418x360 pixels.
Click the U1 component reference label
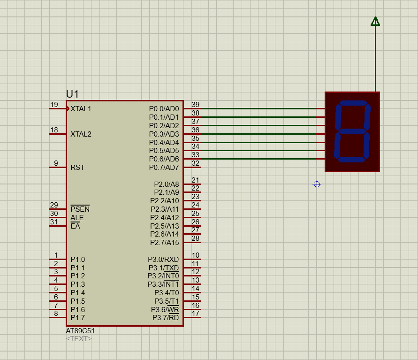72,94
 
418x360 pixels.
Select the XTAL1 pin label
81,109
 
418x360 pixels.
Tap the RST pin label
77,168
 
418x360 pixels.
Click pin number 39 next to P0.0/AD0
196,105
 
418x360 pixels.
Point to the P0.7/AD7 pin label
164,168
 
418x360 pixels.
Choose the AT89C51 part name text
80,330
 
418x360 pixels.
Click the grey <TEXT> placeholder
79,338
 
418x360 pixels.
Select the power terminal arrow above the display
375,22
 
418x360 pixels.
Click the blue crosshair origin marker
317,184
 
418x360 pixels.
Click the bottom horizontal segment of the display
350,160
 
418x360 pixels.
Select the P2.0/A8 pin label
167,184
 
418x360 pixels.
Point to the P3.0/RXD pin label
163,260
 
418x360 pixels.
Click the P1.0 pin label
78,260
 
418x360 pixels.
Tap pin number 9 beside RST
56,163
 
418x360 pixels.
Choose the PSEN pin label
80,209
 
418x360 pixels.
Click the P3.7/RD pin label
166,318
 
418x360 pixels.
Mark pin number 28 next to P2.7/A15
196,238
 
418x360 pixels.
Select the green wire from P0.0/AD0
258,108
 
